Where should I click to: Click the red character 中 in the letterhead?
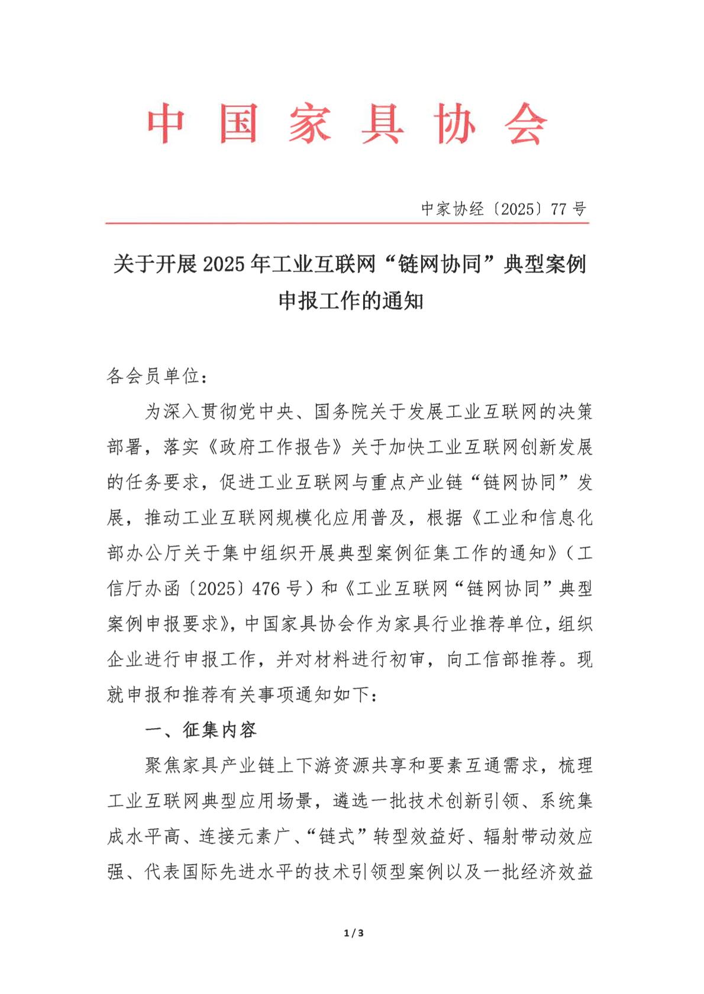166,124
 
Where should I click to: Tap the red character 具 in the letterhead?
382,124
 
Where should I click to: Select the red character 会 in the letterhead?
526,124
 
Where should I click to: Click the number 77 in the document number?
559,209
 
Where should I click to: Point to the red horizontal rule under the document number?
347,223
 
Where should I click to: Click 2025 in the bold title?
223,264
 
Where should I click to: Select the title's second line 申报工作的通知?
351,301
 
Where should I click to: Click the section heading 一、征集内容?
201,730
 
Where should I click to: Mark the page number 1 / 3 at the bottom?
353,933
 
